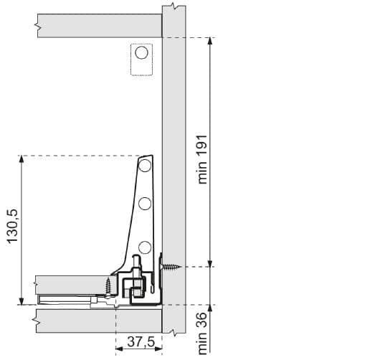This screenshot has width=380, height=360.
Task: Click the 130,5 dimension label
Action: coord(12,226)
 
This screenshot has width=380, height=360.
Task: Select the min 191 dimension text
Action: coord(202,159)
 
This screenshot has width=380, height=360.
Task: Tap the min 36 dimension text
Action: coord(202,333)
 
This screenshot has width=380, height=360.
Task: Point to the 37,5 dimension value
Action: coord(141,342)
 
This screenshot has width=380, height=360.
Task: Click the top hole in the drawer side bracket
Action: coord(145,166)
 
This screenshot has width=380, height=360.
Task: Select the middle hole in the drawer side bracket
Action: coord(145,204)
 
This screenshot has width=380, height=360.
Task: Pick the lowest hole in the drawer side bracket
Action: coord(145,247)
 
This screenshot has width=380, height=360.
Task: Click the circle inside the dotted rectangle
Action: coord(141,52)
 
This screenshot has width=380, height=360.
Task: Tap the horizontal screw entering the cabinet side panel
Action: coord(171,267)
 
